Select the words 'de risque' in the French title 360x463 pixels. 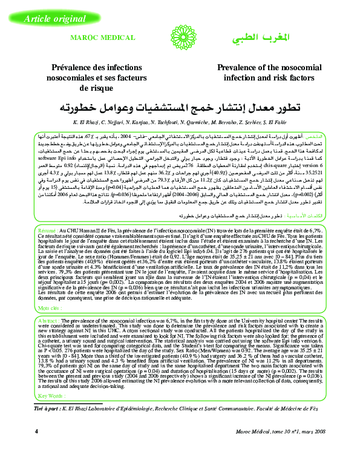click(x=93, y=87)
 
